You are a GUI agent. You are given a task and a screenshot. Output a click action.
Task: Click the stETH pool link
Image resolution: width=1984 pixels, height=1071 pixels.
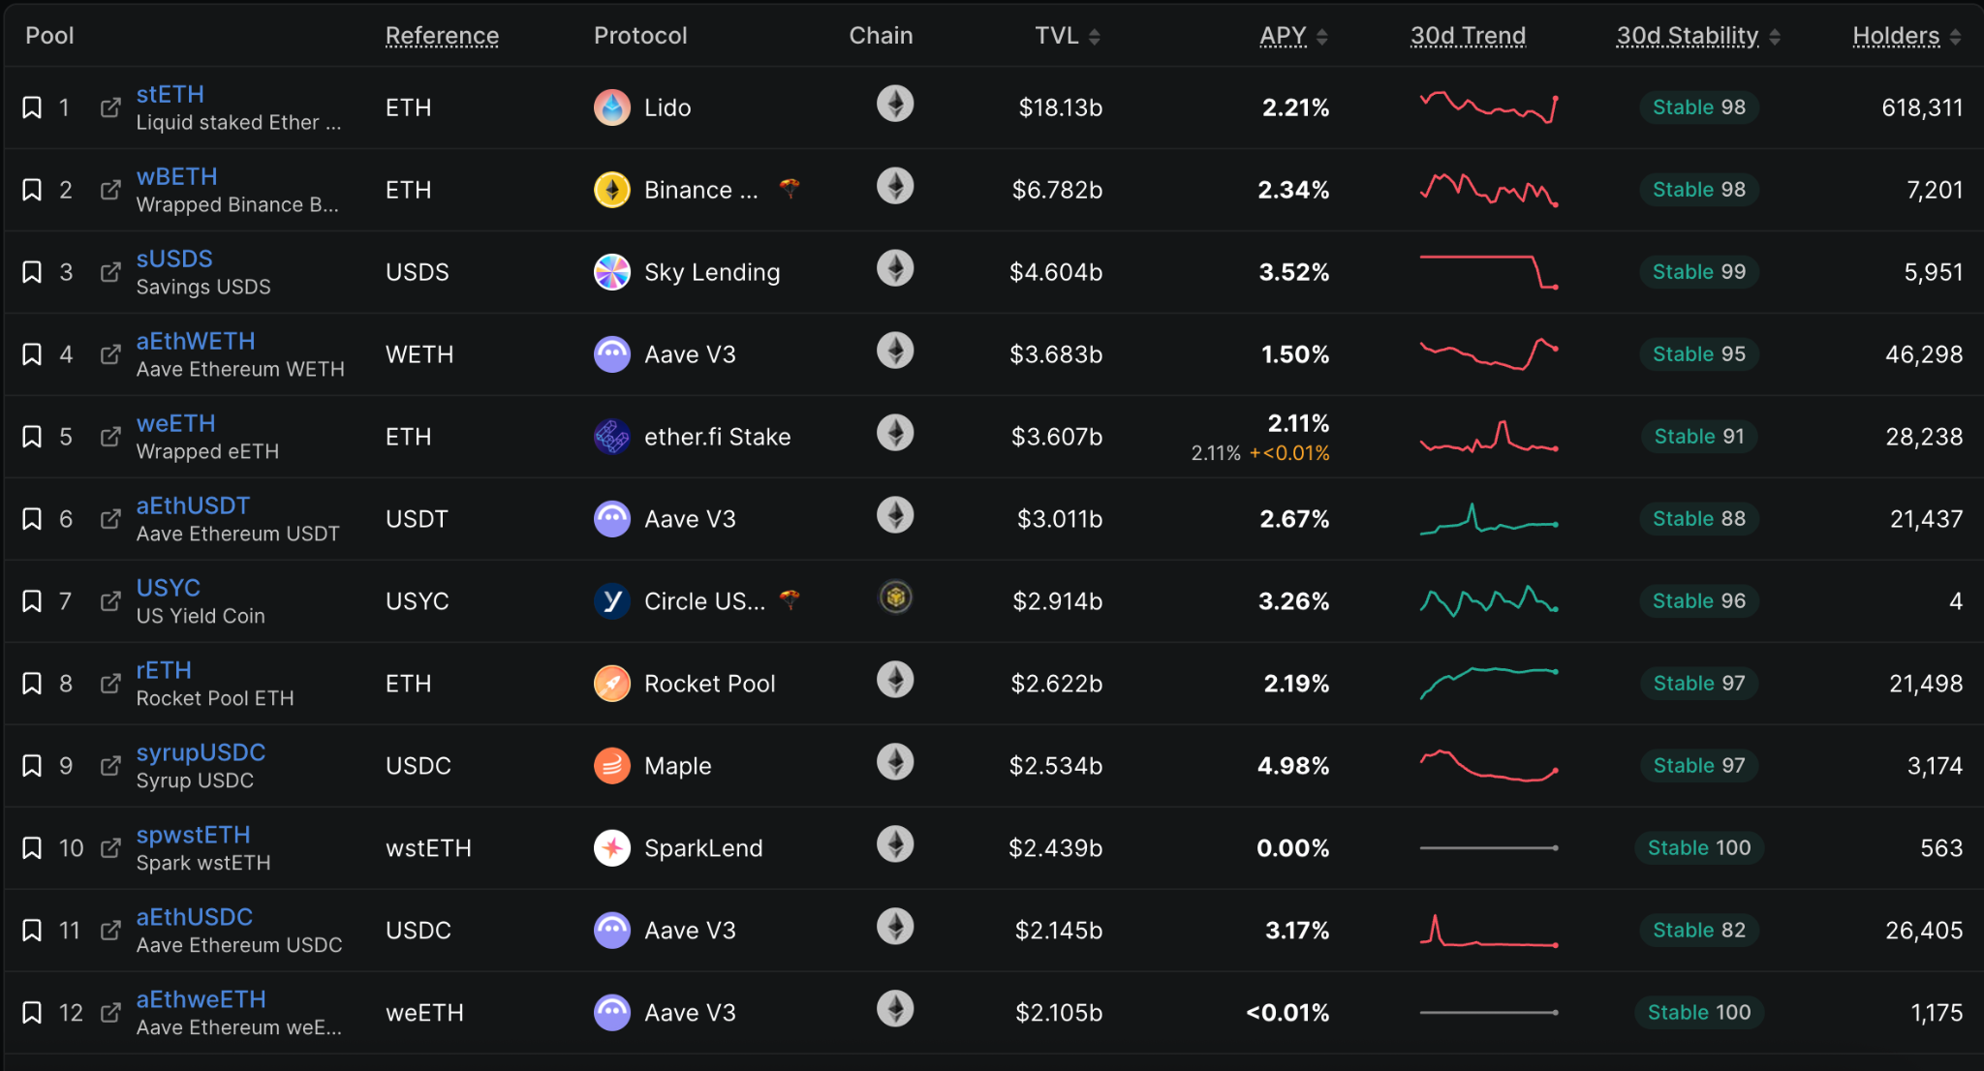point(170,94)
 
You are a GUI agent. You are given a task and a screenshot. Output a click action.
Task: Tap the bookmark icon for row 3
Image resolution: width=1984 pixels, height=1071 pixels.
point(32,272)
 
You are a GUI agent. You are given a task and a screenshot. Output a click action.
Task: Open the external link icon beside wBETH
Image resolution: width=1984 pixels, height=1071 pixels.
point(111,189)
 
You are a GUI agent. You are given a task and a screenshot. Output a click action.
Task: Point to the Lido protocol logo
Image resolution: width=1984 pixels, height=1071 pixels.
point(612,107)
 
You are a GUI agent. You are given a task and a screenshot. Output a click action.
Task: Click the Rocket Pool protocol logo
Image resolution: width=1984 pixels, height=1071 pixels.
point(612,684)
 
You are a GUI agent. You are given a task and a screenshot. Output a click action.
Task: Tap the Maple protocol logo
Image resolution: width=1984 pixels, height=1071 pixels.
point(612,766)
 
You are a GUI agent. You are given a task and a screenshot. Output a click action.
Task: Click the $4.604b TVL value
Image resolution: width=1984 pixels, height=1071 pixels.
point(1056,272)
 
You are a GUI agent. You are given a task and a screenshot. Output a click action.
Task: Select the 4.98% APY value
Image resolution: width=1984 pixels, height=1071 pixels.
point(1293,766)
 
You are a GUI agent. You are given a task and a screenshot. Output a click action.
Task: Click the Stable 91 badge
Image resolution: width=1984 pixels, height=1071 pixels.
point(1699,437)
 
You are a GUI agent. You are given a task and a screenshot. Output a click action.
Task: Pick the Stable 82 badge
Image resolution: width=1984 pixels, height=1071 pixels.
point(1699,931)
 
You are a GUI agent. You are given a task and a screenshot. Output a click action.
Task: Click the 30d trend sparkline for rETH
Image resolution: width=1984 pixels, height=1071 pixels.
point(1489,682)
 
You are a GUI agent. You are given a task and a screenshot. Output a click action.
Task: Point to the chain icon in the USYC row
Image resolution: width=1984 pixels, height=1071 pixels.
point(895,597)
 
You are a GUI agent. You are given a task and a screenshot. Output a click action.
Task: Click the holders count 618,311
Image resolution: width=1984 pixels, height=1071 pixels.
point(1922,107)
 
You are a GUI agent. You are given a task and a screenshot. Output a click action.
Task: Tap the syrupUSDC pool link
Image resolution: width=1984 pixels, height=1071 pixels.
point(201,752)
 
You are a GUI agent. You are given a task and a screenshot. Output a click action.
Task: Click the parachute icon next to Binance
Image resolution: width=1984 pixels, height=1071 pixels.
point(790,189)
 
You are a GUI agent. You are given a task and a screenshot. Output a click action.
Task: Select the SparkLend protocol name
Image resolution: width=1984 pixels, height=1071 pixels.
point(703,848)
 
